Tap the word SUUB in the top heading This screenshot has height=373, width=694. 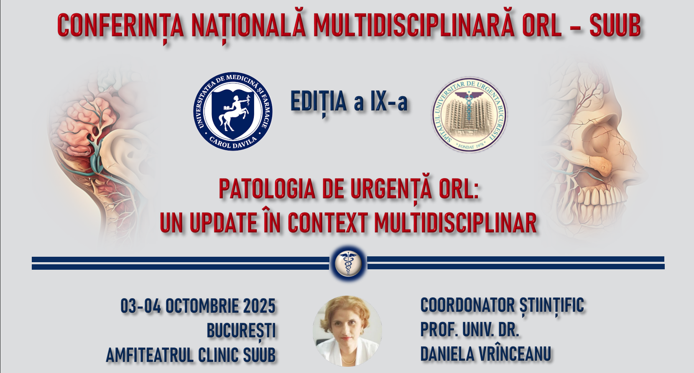(x=615, y=26)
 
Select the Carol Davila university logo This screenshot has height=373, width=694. (x=233, y=112)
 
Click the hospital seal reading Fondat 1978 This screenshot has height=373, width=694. (x=469, y=115)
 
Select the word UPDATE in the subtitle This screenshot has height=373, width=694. (x=223, y=223)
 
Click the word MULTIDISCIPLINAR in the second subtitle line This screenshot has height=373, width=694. (x=455, y=223)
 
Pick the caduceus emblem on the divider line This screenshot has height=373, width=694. (x=348, y=263)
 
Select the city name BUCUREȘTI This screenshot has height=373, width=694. (x=241, y=331)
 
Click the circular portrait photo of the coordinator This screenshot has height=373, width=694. (x=347, y=330)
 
